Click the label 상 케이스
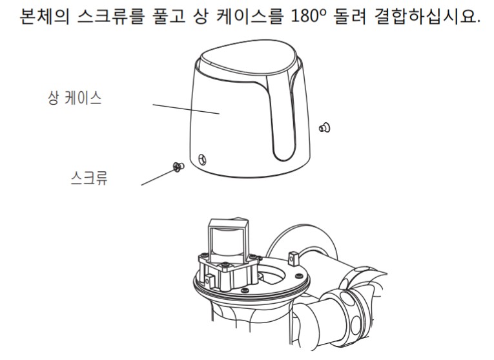pos(75,98)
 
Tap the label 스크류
pos(89,178)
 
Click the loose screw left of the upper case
pos(178,167)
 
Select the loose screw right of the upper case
pos(325,128)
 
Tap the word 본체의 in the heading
pos(45,16)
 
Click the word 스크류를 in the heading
pos(110,16)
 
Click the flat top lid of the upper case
pos(249,64)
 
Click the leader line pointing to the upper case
pos(186,109)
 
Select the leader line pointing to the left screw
pos(158,177)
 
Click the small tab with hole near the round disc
pos(293,257)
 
